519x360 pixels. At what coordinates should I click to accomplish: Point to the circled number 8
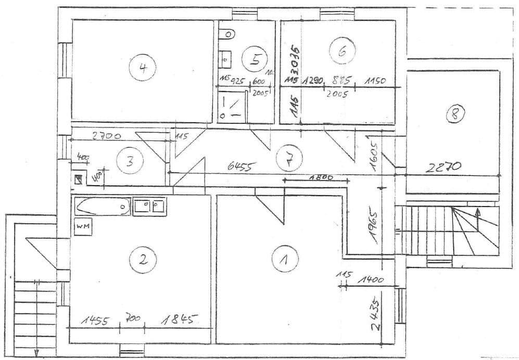click(x=454, y=113)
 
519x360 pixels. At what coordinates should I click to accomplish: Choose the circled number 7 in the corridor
click(x=287, y=158)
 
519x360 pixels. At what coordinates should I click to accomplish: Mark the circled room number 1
click(x=284, y=258)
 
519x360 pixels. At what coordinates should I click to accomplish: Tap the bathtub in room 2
click(x=103, y=207)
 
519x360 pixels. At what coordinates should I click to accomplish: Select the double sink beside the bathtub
click(x=149, y=206)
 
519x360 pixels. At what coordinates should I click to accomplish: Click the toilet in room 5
click(x=227, y=35)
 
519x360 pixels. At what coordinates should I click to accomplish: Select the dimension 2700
click(x=106, y=137)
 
